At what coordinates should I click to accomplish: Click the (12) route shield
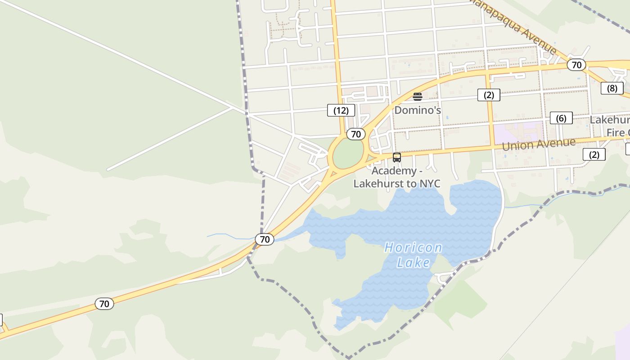pos(341,110)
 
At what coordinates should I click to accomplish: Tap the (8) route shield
pos(612,88)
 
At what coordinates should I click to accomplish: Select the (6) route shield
pos(561,118)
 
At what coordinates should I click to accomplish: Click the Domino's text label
pos(418,110)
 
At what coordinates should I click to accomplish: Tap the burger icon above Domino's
pos(418,96)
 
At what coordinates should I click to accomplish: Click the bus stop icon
pos(397,157)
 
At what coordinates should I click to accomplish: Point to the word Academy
pos(394,171)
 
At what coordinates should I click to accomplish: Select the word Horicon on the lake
pos(413,248)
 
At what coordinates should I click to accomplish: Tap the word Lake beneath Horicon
pos(413,262)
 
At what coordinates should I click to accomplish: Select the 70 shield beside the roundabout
pos(356,134)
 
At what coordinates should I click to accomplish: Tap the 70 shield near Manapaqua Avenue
pos(576,65)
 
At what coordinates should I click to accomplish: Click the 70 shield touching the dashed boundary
pos(265,239)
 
